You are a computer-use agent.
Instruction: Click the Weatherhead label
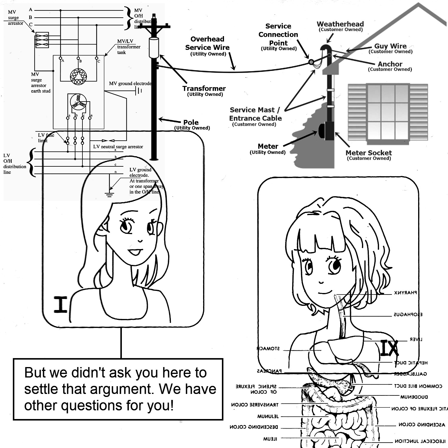[x=340, y=24]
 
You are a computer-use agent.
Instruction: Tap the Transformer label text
[x=204, y=89]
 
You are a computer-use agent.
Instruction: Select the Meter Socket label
[x=369, y=153]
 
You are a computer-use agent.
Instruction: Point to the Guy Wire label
[x=390, y=46]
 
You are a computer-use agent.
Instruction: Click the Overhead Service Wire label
[x=207, y=44]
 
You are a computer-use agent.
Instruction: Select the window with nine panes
[x=388, y=112]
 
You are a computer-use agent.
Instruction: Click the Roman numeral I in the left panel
[x=61, y=305]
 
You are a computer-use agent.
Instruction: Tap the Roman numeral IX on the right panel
[x=389, y=348]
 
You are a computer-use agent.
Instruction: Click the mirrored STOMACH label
[x=268, y=349]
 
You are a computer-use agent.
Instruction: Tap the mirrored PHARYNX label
[x=405, y=293]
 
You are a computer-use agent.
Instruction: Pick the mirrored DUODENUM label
[x=414, y=397]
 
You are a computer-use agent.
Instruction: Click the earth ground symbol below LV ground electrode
[x=110, y=194]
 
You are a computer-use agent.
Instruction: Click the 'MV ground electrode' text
[x=130, y=84]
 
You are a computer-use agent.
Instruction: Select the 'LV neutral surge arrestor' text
[x=118, y=147]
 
